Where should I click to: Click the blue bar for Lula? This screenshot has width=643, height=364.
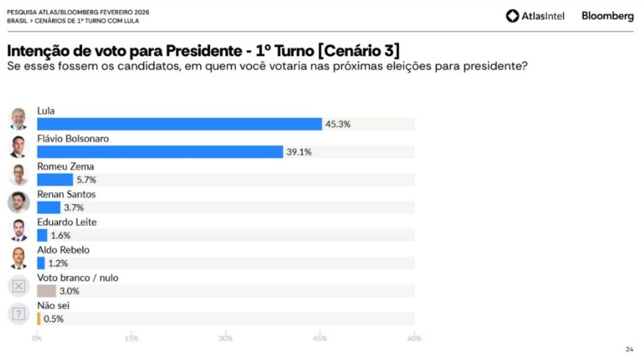(180, 124)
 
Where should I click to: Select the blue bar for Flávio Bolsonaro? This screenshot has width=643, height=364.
(160, 152)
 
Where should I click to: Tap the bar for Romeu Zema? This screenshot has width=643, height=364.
(55, 179)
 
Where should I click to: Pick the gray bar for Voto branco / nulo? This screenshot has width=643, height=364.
(46, 291)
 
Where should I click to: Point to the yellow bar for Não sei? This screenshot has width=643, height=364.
(39, 318)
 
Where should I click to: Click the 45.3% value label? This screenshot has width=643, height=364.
(338, 124)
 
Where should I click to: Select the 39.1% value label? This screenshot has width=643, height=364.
(299, 152)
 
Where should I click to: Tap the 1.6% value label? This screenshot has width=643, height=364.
(60, 235)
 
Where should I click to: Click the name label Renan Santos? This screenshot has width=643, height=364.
(67, 195)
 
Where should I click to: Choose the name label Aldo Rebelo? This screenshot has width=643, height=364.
(63, 250)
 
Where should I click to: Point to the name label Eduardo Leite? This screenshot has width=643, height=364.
(67, 222)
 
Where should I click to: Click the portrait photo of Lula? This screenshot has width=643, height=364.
(19, 119)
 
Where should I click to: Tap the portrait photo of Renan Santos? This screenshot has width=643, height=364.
(19, 202)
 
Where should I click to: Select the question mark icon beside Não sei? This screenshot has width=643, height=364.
(19, 313)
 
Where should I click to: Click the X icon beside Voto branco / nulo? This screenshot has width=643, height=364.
(19, 286)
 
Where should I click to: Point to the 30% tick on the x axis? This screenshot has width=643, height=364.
(225, 338)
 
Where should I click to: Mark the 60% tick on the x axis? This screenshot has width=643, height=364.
(414, 338)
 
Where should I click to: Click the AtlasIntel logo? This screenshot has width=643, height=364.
(535, 16)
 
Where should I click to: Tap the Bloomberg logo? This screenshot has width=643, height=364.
(607, 16)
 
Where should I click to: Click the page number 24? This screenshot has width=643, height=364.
(629, 350)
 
